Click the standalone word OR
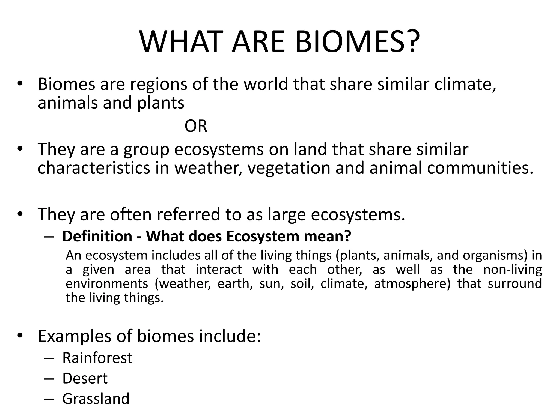click(196, 126)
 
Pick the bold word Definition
click(97, 236)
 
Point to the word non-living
click(512, 270)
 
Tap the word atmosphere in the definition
click(412, 284)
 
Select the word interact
click(219, 270)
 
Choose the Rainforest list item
click(97, 358)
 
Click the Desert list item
click(85, 378)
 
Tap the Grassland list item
click(96, 399)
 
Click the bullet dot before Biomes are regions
click(19, 83)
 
